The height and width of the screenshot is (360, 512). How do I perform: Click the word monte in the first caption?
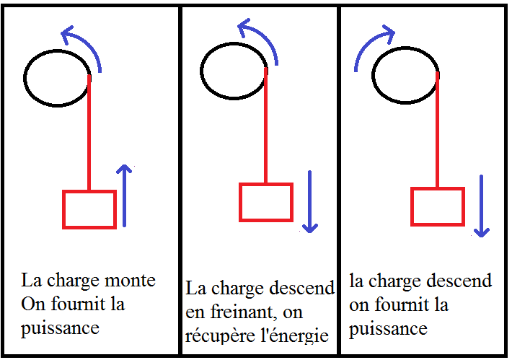132,280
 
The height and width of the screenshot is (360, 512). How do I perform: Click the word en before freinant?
195,313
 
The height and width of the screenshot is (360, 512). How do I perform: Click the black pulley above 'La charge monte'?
58,76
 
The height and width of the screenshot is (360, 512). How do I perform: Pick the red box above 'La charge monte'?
89,209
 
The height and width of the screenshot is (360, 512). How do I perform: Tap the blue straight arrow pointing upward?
125,195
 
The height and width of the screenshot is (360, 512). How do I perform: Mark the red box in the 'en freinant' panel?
265,202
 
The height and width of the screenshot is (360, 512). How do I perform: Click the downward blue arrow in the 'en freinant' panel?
309,202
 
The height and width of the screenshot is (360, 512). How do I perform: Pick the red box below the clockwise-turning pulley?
437,206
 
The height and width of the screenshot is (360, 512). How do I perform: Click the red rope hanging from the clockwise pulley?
438,130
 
